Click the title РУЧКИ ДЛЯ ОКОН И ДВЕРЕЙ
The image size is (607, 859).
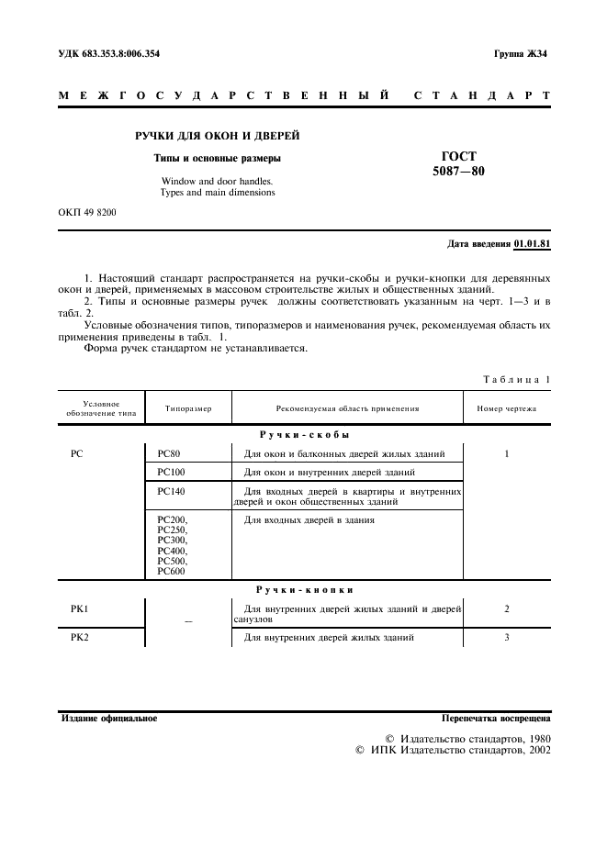[218, 137]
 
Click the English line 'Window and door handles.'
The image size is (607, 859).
[218, 181]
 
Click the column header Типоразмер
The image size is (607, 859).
[188, 408]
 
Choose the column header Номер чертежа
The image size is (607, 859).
[507, 408]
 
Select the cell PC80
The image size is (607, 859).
[170, 454]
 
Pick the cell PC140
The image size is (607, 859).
[172, 491]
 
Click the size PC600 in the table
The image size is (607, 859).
[172, 571]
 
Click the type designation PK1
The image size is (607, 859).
[78, 608]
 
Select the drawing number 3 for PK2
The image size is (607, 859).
[507, 637]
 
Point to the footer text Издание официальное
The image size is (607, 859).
[108, 718]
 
